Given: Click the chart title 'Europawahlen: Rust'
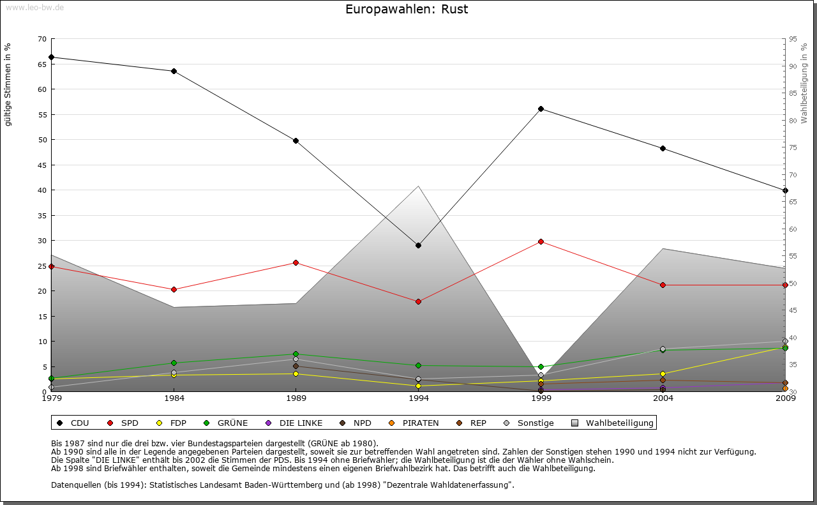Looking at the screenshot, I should [407, 10].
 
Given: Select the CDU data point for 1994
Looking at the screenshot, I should [419, 245].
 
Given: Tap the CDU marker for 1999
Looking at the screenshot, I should [541, 109].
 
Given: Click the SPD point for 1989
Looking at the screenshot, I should [296, 262].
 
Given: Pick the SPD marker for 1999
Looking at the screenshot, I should [541, 241].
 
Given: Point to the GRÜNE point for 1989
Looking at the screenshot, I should [296, 354].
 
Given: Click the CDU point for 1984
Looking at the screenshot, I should [174, 71].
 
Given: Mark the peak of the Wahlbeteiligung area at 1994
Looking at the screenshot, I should [419, 186].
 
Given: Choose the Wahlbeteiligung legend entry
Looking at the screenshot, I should [613, 423].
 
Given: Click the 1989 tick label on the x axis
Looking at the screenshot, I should [296, 399].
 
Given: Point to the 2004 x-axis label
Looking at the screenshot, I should [663, 399].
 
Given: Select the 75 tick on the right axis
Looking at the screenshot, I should [793, 147].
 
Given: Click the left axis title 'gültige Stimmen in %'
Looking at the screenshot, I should [8, 84].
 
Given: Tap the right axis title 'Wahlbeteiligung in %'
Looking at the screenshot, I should [804, 84].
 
